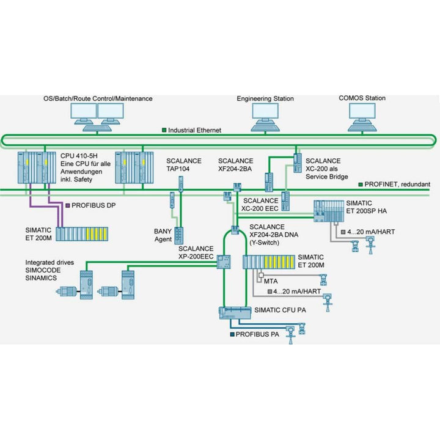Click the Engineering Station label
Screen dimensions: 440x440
click(x=265, y=98)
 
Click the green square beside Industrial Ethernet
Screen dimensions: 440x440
click(x=164, y=130)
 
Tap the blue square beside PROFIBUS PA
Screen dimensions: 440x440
click(x=232, y=335)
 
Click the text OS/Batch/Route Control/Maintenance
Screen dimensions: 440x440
click(x=98, y=98)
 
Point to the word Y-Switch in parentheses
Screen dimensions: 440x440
click(x=268, y=242)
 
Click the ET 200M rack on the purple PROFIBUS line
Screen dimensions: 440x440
click(x=82, y=234)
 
